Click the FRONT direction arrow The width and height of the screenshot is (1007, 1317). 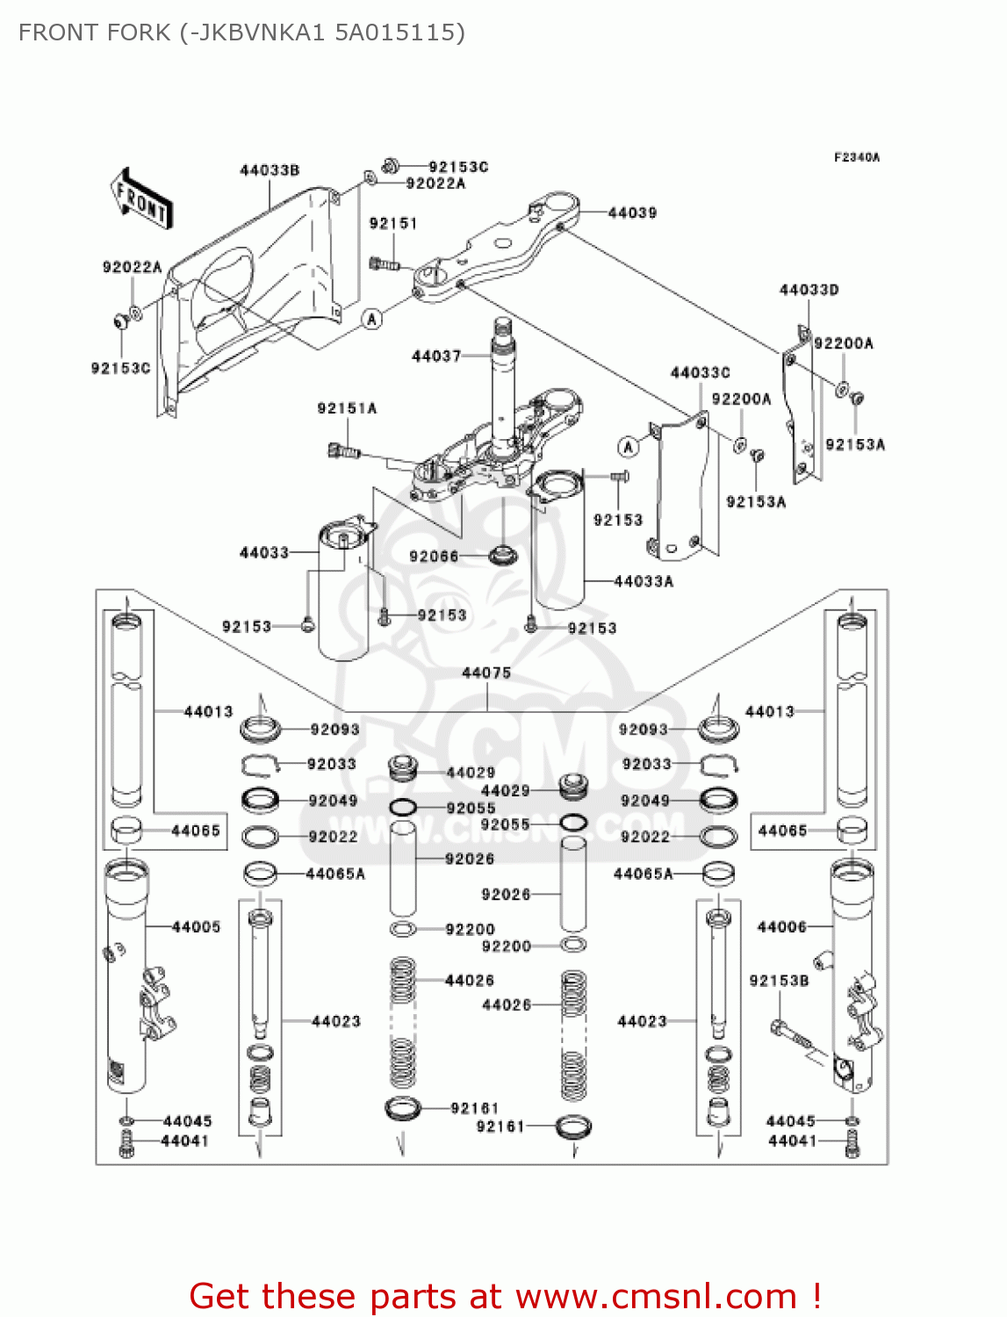point(140,199)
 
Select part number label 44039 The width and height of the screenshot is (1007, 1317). point(632,212)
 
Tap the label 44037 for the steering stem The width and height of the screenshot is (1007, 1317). point(436,356)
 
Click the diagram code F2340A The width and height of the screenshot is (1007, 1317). point(856,158)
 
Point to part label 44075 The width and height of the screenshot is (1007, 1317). point(486,673)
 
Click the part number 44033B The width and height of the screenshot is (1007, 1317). point(270,170)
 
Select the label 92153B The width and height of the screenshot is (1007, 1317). point(779,980)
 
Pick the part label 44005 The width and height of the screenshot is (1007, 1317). point(196,926)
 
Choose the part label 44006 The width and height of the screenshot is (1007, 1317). point(781,926)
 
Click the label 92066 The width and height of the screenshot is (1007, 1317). point(434,556)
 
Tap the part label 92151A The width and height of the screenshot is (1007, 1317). point(347,408)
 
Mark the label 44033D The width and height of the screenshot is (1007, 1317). point(809,290)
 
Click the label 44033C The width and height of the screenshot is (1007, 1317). point(700,373)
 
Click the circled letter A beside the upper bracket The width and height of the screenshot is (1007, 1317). point(372,319)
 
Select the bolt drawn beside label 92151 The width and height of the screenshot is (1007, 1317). point(384,263)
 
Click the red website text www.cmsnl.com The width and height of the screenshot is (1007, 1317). point(655,1296)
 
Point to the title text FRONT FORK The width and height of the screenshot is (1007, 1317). point(95,32)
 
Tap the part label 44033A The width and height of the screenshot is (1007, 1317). point(644,581)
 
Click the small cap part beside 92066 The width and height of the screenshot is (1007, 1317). point(503,555)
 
